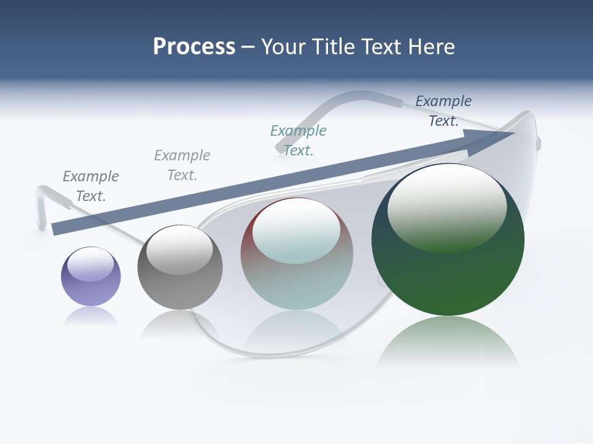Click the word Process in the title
(x=194, y=47)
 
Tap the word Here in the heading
(x=431, y=47)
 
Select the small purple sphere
(x=91, y=276)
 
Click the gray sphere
(x=180, y=267)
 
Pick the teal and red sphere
(x=296, y=254)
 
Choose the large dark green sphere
(x=448, y=239)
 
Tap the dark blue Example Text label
(x=444, y=111)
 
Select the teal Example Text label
(x=298, y=140)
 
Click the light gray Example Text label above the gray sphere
(x=182, y=165)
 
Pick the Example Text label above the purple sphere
(x=91, y=186)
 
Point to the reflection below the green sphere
(x=448, y=342)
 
